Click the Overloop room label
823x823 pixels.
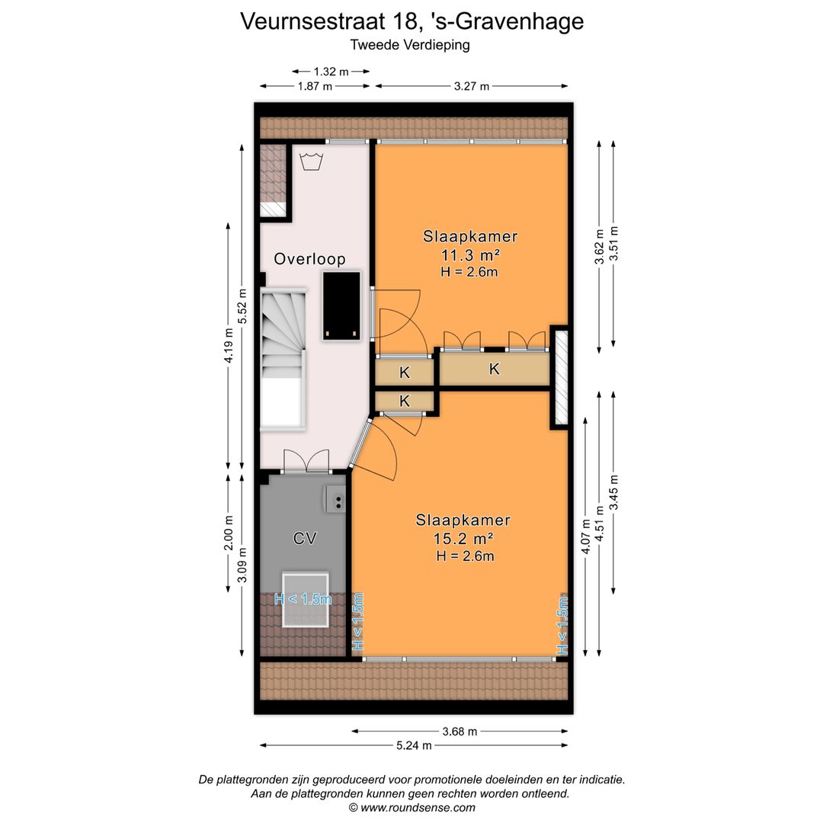coord(309,259)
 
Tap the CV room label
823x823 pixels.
coord(305,539)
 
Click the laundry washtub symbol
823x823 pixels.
coord(309,162)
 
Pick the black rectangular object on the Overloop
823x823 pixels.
coord(341,305)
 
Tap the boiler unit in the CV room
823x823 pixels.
coord(335,500)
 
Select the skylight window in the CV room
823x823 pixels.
coord(306,598)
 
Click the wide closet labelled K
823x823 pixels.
coord(494,369)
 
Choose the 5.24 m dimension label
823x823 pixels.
coord(414,745)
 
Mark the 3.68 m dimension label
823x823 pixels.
coord(460,732)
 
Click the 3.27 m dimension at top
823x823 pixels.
coord(471,86)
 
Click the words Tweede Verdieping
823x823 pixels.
coord(410,44)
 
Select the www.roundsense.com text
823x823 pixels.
coord(418,808)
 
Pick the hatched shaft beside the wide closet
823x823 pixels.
coord(561,376)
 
